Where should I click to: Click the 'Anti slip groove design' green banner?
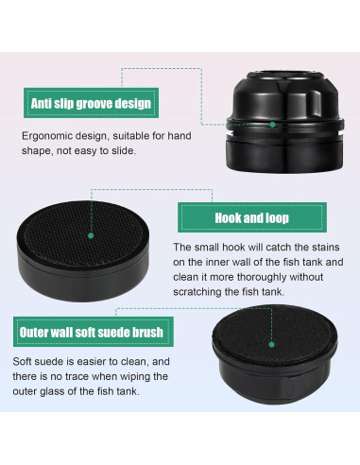point(91,103)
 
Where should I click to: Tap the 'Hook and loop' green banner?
point(252,217)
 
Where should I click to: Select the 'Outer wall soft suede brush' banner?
point(94,332)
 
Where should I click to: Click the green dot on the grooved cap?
point(273,125)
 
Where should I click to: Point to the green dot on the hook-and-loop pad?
point(91,235)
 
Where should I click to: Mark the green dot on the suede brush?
point(272,345)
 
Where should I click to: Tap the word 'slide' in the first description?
point(125,150)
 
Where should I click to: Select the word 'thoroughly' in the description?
point(262,277)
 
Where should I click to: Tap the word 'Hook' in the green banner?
point(226,218)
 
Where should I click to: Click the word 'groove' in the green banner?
point(94,104)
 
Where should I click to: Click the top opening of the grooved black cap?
point(285,76)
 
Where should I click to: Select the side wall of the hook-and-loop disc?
point(83,277)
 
